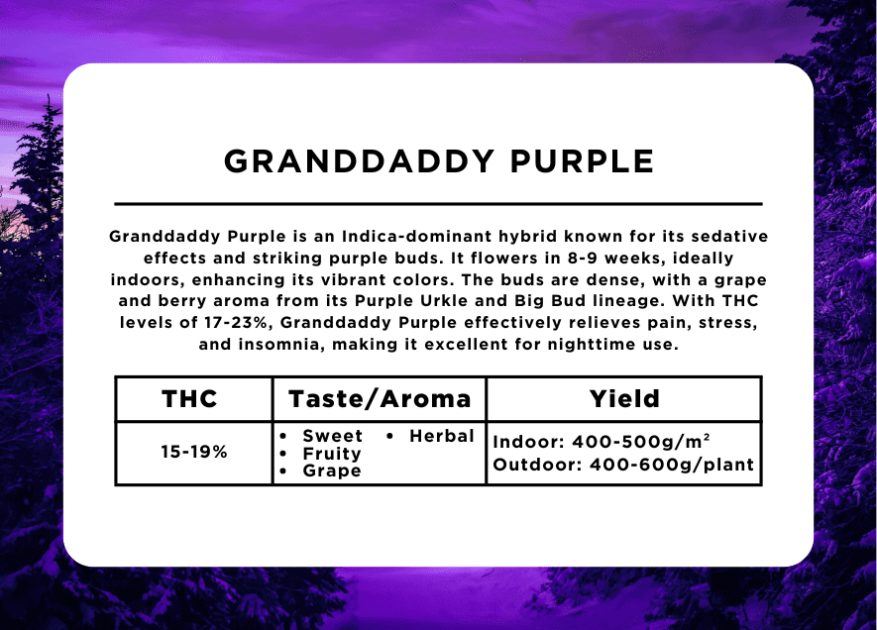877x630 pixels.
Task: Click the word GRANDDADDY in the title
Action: tap(359, 161)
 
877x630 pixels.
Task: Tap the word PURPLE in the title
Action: tap(582, 161)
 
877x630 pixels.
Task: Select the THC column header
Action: tap(189, 399)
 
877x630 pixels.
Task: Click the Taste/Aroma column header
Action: tap(380, 399)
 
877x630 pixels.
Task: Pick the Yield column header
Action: tap(624, 399)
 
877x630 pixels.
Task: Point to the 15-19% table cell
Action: tap(194, 452)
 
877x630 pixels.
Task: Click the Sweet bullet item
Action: tap(333, 436)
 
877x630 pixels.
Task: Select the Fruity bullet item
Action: tap(332, 454)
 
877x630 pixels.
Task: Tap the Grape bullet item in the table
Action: tap(332, 471)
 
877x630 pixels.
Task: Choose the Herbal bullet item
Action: tap(442, 436)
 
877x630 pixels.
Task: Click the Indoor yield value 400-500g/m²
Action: tap(641, 442)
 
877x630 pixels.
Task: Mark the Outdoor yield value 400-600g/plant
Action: tap(672, 465)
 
